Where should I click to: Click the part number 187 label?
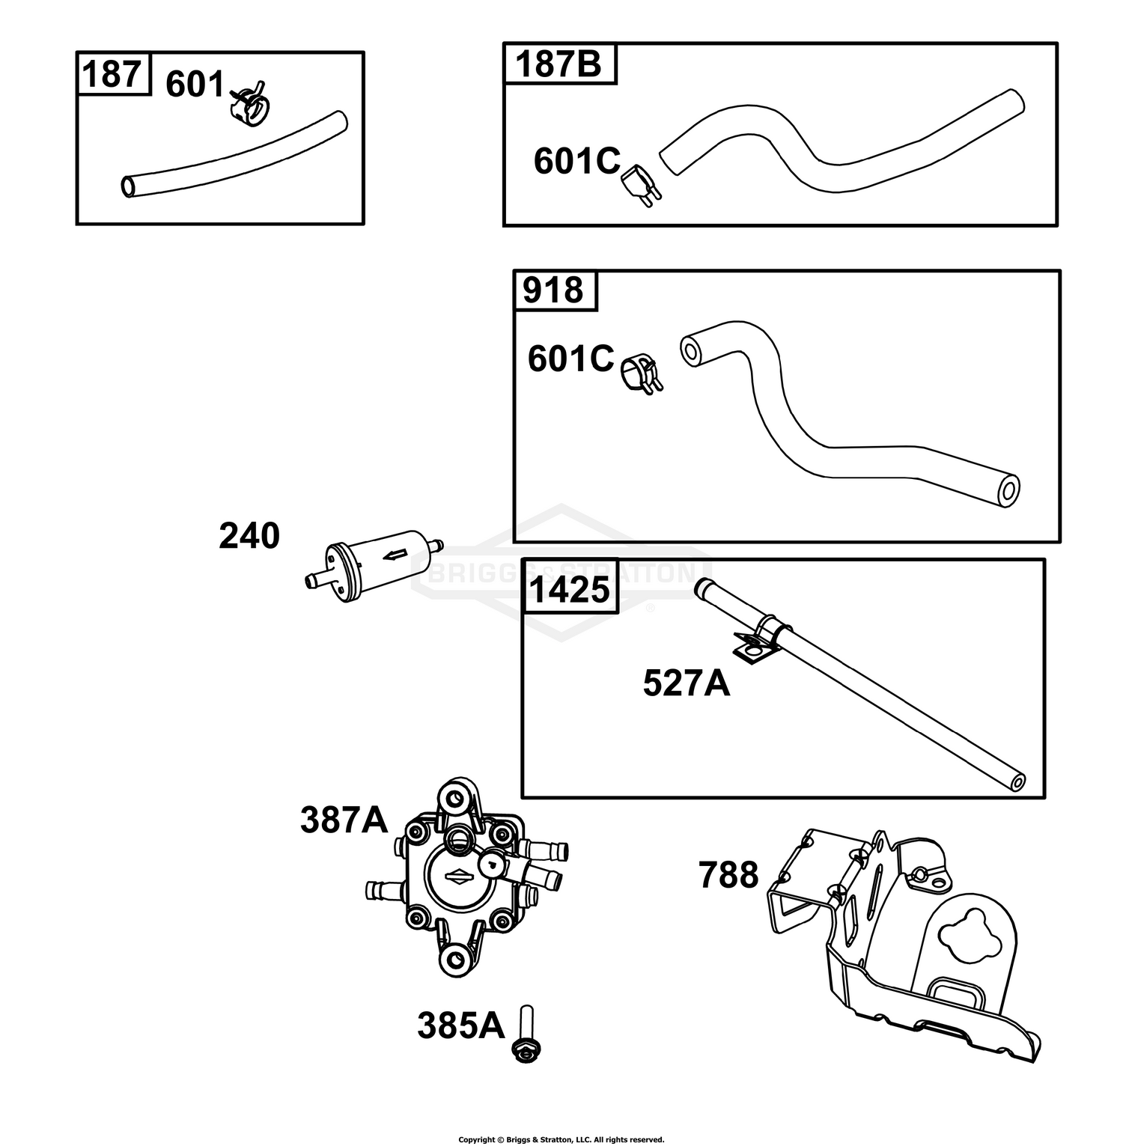tap(112, 75)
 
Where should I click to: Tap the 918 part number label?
tap(553, 290)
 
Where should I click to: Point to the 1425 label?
tap(569, 591)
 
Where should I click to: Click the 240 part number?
tap(249, 537)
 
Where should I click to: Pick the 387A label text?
tap(344, 820)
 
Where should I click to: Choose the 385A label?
tap(461, 1026)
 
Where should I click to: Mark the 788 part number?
tap(728, 875)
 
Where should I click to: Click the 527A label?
tap(687, 683)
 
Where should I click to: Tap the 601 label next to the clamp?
tap(195, 84)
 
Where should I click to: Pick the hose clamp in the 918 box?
tap(640, 371)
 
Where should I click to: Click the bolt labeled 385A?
tap(527, 1032)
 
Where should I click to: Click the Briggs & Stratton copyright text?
tap(561, 1140)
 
